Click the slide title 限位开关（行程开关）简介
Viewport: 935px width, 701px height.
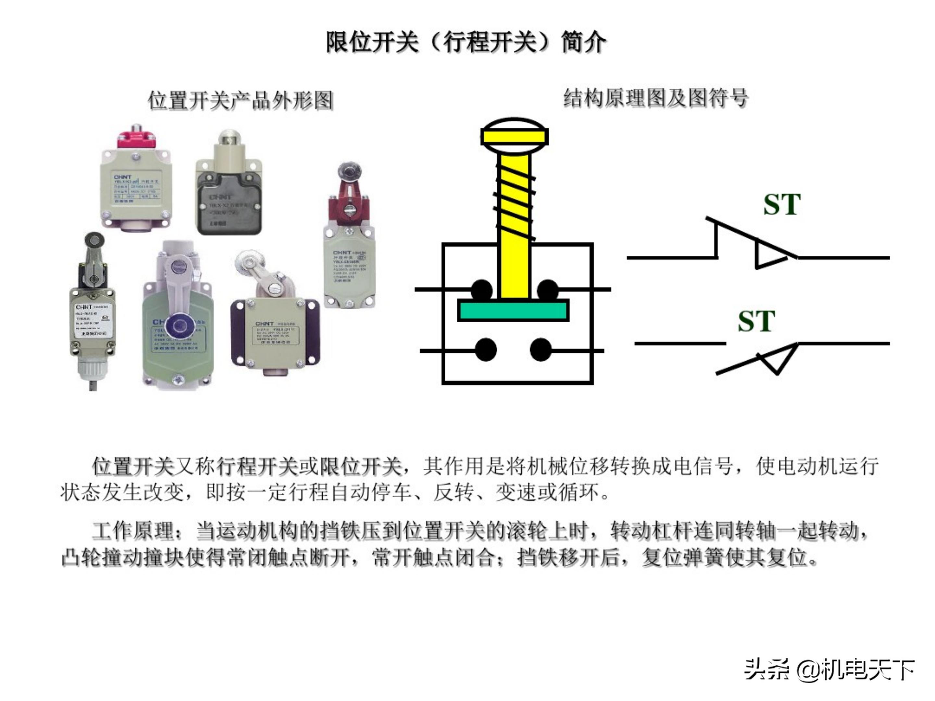466,42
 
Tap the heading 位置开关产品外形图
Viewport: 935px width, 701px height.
241,101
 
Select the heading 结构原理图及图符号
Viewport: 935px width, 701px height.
655,98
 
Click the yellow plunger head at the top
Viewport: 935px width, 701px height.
515,136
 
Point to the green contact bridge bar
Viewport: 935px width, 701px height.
513,311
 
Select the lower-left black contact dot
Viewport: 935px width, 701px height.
486,350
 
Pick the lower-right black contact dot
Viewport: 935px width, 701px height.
541,350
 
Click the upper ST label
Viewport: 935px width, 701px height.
782,204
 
